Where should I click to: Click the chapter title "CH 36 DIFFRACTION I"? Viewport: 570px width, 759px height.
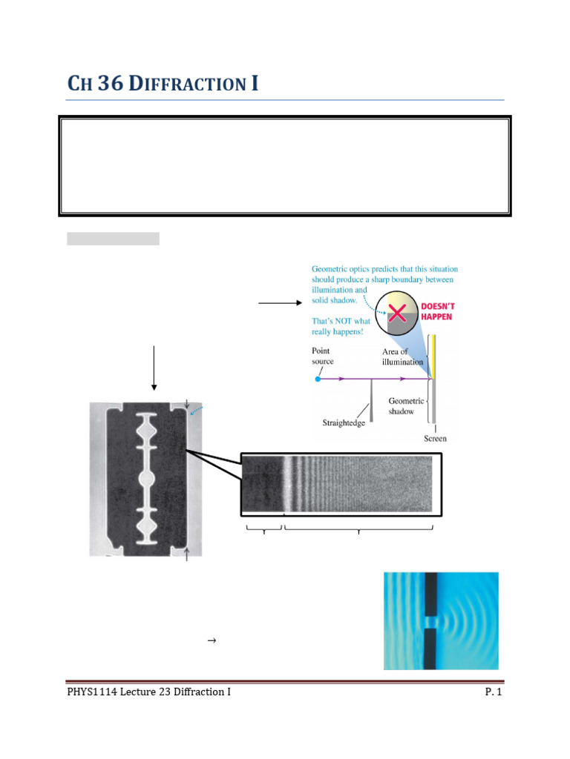[x=163, y=84]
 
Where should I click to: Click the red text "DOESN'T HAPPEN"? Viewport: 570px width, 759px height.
[x=437, y=311]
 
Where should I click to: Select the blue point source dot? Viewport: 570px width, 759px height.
[x=318, y=379]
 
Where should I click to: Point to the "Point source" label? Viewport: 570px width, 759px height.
[x=323, y=356]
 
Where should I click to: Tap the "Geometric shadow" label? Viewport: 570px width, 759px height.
[x=407, y=406]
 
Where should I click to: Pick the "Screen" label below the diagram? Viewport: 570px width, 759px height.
[x=435, y=438]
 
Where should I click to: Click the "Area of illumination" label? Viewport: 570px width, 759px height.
[x=402, y=357]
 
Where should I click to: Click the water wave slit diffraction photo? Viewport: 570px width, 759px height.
[x=441, y=620]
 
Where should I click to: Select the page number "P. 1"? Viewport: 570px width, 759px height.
[x=493, y=692]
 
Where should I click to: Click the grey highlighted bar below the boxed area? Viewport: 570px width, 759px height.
[x=113, y=239]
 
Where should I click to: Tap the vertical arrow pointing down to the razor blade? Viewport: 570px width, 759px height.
[x=154, y=367]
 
